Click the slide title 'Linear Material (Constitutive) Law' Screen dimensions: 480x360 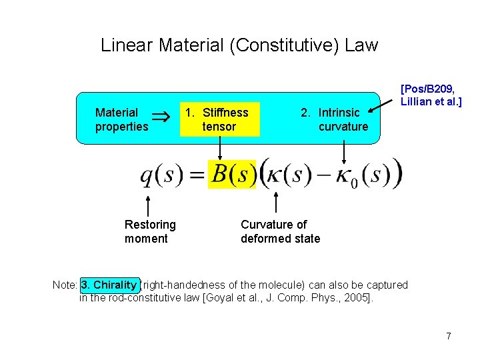(x=239, y=45)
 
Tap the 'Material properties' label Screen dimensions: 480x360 (x=121, y=119)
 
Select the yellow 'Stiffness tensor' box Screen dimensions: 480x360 (x=219, y=119)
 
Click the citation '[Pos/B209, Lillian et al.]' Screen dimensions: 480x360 (x=431, y=94)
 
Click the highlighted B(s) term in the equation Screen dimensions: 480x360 (x=231, y=175)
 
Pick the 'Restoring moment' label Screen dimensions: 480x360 (x=149, y=231)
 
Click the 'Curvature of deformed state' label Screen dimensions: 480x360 (x=280, y=231)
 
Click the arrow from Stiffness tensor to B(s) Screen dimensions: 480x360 (x=219, y=148)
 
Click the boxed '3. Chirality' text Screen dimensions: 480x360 (x=109, y=285)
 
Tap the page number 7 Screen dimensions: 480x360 (x=449, y=336)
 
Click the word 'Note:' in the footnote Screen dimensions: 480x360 (x=65, y=285)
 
